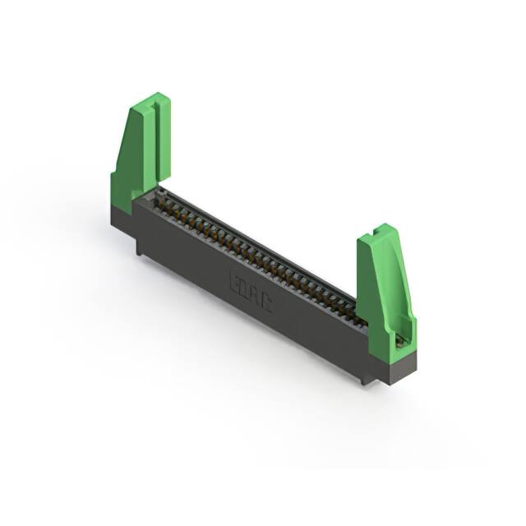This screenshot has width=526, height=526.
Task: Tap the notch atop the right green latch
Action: click(381, 231)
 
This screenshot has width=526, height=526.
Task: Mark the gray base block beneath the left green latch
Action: click(122, 216)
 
